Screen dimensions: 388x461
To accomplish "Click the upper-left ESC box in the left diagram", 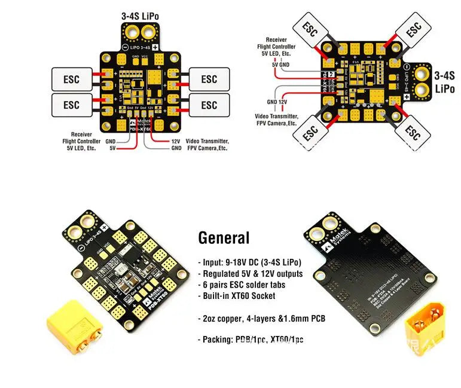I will point(71,78).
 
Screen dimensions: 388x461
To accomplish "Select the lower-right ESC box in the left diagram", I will point(209,105).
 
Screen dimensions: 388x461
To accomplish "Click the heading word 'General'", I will point(224,238).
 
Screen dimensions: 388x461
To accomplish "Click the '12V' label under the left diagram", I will point(176,141).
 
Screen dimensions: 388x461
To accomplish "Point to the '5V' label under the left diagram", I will point(112,148).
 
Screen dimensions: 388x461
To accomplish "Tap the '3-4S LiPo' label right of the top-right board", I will point(444,82).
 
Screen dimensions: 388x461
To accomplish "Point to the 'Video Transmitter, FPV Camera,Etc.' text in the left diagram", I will point(207,144).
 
